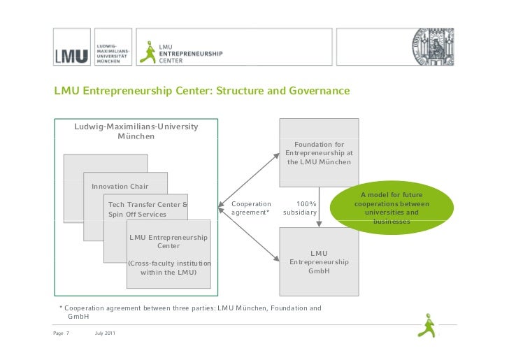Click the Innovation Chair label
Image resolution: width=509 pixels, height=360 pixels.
120,187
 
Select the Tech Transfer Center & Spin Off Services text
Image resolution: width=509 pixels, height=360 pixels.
147,209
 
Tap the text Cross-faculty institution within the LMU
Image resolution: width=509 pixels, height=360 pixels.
169,268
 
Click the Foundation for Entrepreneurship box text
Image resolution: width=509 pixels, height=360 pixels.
319,153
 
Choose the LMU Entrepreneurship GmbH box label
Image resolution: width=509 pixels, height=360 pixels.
319,261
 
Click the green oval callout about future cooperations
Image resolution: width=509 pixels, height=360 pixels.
392,208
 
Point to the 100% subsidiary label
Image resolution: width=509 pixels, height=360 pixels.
301,208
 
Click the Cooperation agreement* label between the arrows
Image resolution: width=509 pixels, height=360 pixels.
250,208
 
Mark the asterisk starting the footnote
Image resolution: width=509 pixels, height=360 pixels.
62,308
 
